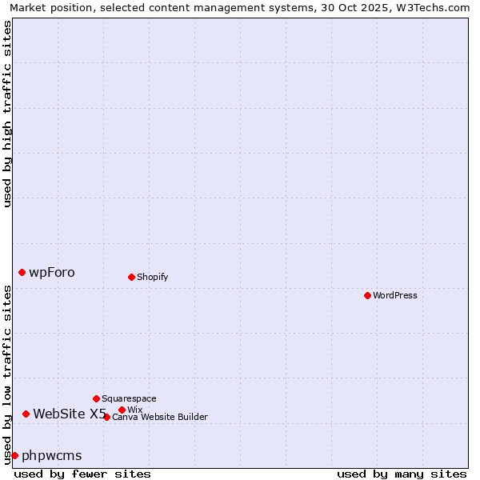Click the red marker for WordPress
[x=367, y=295]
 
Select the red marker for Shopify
[x=131, y=277]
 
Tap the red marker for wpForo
[x=22, y=272]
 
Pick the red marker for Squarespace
[x=96, y=398]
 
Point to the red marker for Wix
[x=122, y=410]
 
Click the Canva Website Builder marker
[x=106, y=417]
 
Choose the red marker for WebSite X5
[x=26, y=414]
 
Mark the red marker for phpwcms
[x=14, y=455]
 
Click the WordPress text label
[x=395, y=295]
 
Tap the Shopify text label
[x=152, y=277]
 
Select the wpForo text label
[x=52, y=272]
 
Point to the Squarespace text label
[x=129, y=398]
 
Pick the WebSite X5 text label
[x=70, y=414]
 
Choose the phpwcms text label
[x=52, y=455]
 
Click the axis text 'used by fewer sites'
[x=82, y=474]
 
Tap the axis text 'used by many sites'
[x=402, y=474]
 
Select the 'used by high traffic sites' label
[x=7, y=114]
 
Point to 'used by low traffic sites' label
[x=7, y=374]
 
